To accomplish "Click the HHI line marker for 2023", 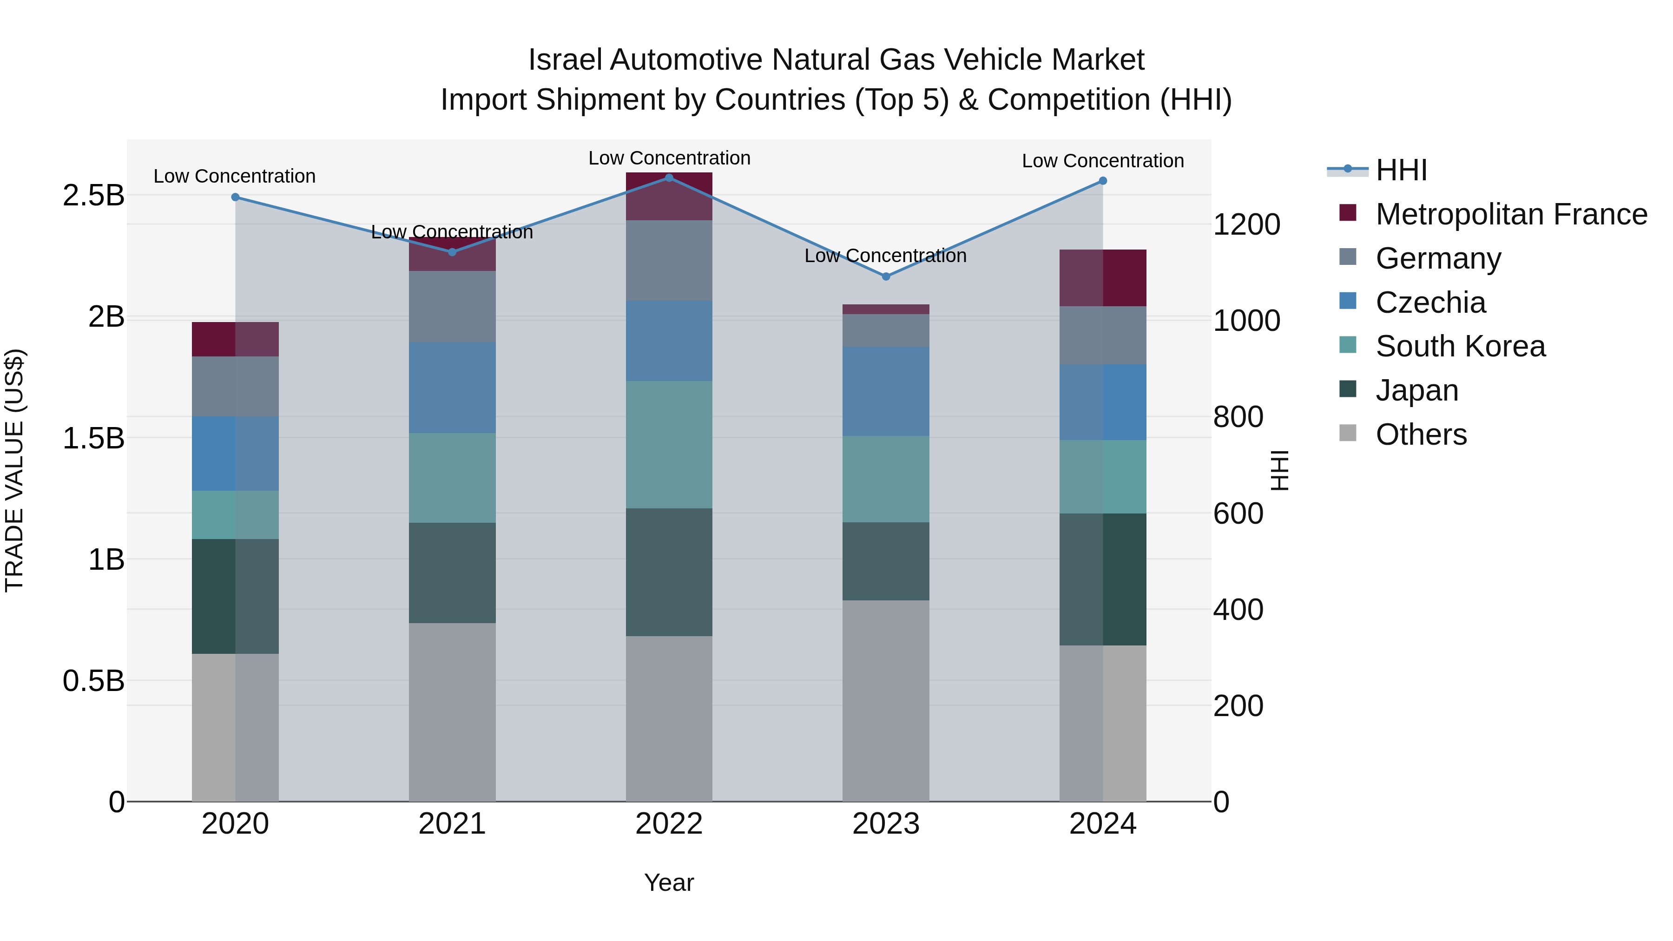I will [x=886, y=276].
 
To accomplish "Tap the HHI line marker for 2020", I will [x=235, y=197].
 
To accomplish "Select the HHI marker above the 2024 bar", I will [x=1103, y=181].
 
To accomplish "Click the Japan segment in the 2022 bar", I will [x=669, y=572].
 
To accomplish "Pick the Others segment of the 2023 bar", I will [x=886, y=700].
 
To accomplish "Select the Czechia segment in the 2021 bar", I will [x=452, y=387].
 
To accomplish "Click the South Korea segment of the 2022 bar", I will [x=669, y=444].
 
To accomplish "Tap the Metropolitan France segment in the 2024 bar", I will [x=1103, y=277].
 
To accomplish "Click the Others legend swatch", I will [x=1348, y=433].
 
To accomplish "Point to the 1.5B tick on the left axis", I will [x=93, y=438].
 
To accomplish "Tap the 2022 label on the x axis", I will [x=669, y=824].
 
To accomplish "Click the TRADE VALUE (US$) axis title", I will [x=14, y=470].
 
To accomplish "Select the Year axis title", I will [x=669, y=882].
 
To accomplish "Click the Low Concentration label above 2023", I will [x=885, y=256].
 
